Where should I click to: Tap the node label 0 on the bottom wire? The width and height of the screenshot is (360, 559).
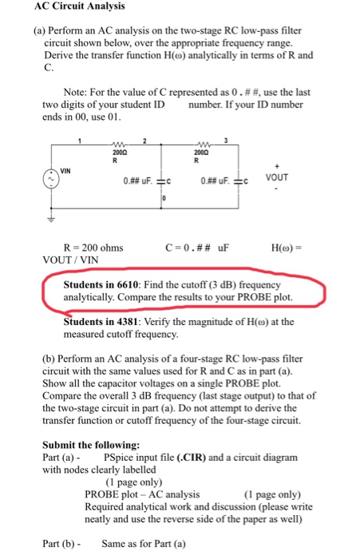pyautogui.click(x=164, y=196)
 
